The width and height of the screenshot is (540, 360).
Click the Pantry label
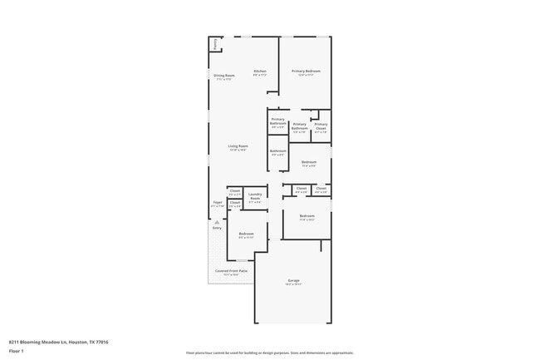pos(215,44)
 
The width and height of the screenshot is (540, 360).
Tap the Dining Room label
pos(224,75)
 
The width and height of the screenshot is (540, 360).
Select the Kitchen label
pos(260,71)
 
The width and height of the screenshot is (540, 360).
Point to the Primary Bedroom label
pos(306,71)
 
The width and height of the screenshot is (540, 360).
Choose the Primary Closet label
pos(321,126)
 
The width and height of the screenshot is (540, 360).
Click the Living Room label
pos(238,145)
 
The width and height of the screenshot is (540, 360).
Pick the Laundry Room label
pos(255,197)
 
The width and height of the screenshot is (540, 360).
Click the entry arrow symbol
pos(216,222)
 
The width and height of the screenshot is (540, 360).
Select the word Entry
pos(217,228)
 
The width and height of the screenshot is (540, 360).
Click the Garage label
pos(293,280)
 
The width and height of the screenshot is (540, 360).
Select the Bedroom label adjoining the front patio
pos(246,234)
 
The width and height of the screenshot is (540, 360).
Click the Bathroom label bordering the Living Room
pos(277,150)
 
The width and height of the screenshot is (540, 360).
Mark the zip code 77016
pos(101,342)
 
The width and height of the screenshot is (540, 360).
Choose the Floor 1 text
pos(17,352)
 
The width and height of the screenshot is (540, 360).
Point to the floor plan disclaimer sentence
pos(269,353)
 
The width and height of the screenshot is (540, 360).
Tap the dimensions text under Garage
pos(293,284)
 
